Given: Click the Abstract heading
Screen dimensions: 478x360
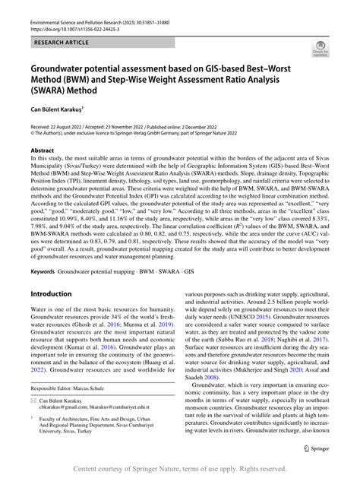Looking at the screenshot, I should point(42,151).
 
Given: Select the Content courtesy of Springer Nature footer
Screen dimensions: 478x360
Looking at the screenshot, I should point(180,469).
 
